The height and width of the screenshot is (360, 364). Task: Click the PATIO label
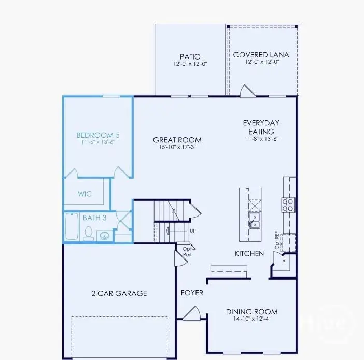[x=190, y=56]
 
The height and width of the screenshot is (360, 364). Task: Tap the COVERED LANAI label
[x=261, y=54]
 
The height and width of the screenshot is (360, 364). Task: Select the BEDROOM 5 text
[x=98, y=135]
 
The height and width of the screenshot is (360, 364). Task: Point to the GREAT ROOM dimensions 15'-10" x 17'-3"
[x=177, y=148]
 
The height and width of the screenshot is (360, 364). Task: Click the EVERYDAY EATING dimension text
[x=261, y=139]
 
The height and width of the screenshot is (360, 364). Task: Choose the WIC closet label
[x=85, y=194]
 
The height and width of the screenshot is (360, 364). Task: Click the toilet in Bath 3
[x=88, y=234]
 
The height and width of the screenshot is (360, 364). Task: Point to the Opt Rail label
[x=187, y=251]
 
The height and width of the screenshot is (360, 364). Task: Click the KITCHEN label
[x=250, y=254]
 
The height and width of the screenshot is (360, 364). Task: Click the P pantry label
[x=283, y=262]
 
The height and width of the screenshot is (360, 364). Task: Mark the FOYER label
[x=192, y=293]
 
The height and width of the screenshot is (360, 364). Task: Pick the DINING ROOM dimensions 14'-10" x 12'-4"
[x=251, y=319]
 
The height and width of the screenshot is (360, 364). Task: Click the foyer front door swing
[x=192, y=313]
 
